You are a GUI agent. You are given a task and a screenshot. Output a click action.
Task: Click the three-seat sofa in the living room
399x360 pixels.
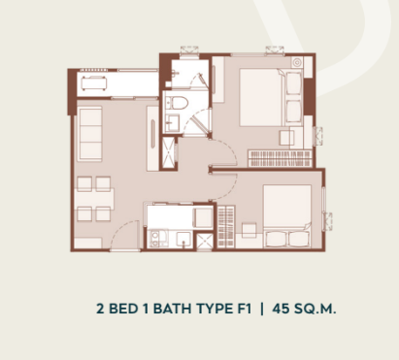pyautogui.click(x=89, y=134)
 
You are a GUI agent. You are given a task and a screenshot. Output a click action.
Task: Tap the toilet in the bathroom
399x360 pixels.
pyautogui.click(x=180, y=103)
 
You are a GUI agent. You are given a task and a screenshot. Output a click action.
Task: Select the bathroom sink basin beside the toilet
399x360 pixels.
pyautogui.click(x=173, y=122)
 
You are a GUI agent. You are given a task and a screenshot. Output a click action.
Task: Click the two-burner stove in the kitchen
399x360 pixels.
pyautogui.click(x=155, y=239)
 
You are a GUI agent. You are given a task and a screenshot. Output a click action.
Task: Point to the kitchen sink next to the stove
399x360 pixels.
pyautogui.click(x=183, y=240)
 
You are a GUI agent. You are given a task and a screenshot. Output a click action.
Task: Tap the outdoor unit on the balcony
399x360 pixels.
pyautogui.click(x=94, y=82)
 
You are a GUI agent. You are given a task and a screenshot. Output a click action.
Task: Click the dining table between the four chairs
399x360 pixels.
pyautogui.click(x=94, y=199)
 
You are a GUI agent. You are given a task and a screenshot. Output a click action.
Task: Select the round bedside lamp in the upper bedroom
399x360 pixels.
pyautogui.click(x=297, y=62)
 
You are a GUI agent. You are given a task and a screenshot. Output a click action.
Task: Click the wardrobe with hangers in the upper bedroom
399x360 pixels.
pyautogui.click(x=280, y=158)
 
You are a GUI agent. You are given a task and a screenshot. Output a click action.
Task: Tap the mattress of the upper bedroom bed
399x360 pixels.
pyautogui.click(x=262, y=97)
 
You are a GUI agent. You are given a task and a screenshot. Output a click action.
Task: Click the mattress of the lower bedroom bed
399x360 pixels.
pyautogui.click(x=287, y=206)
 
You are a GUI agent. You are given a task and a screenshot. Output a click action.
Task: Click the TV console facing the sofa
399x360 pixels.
pyautogui.click(x=152, y=139)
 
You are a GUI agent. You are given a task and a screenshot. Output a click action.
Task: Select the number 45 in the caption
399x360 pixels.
pyautogui.click(x=281, y=309)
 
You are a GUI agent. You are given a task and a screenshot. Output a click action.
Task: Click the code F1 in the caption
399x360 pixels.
pyautogui.click(x=243, y=309)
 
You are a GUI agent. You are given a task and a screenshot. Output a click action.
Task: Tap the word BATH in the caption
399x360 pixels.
pyautogui.click(x=172, y=309)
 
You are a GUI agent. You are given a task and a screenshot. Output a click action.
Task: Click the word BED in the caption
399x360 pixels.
pyautogui.click(x=123, y=309)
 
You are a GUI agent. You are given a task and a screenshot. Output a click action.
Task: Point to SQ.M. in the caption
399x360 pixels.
pyautogui.click(x=316, y=309)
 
